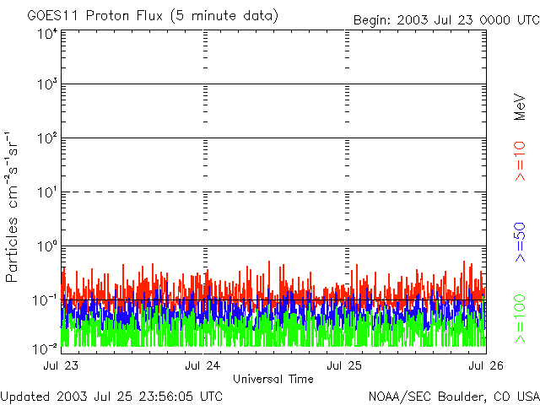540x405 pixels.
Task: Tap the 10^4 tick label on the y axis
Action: [x=47, y=34]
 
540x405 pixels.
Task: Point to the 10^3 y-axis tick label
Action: [x=47, y=85]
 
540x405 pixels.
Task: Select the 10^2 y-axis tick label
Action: [x=47, y=139]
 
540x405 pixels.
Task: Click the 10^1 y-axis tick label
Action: [x=47, y=193]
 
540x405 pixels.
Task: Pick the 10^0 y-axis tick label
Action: [x=47, y=247]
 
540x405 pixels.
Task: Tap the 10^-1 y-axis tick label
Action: [x=46, y=300]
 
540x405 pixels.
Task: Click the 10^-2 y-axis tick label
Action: [x=46, y=347]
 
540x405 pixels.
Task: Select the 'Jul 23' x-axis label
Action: [x=61, y=366]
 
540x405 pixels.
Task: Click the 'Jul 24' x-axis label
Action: [x=203, y=366]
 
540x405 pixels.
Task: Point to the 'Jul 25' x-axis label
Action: [x=345, y=366]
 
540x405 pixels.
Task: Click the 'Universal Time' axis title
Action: [x=273, y=379]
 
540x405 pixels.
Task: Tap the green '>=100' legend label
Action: [x=520, y=317]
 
